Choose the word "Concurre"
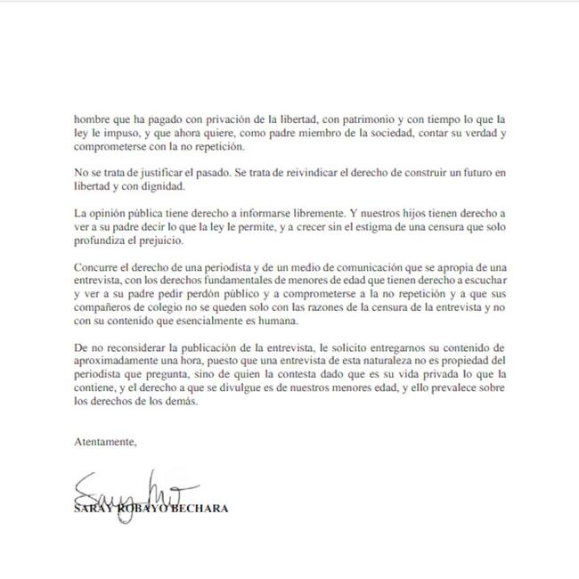(97, 266)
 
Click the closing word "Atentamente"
(106, 442)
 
